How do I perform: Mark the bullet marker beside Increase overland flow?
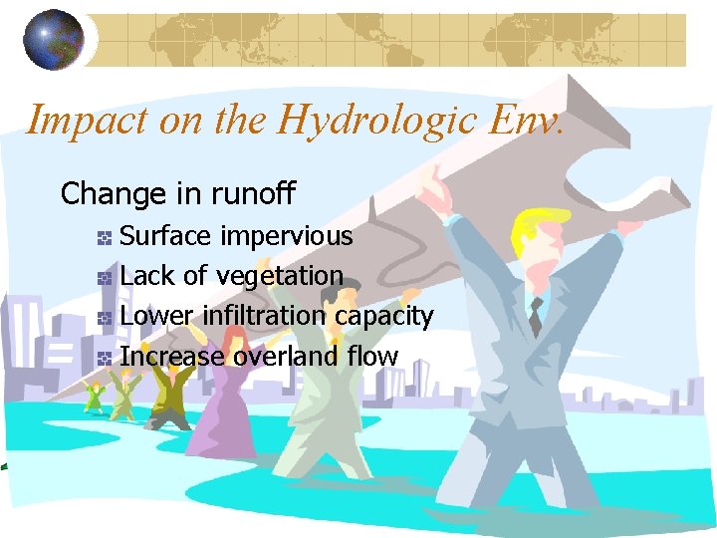point(103,358)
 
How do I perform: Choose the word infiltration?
point(264,316)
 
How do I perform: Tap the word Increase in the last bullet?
point(172,356)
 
